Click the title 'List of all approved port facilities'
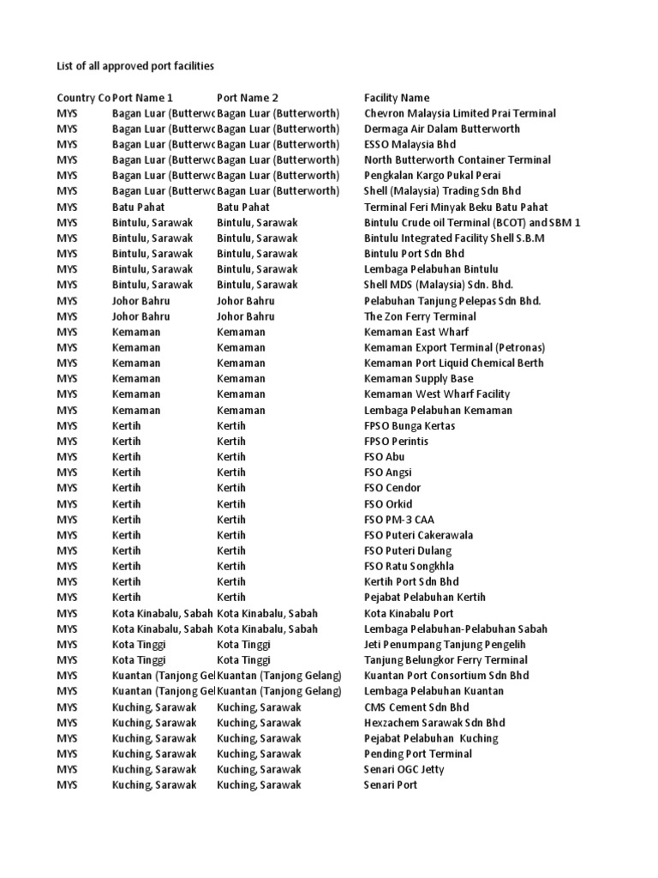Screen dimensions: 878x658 135,66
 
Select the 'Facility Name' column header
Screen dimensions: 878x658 397,98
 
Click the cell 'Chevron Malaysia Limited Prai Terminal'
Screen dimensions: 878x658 459,113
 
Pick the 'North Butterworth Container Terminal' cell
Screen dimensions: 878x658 458,159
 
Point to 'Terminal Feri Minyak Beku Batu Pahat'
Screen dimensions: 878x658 456,207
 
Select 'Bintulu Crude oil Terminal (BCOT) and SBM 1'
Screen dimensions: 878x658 472,222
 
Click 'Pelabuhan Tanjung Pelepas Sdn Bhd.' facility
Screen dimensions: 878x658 452,301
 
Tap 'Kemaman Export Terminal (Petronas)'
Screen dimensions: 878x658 454,347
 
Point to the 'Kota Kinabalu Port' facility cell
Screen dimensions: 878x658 409,613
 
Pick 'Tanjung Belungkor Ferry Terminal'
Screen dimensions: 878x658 446,659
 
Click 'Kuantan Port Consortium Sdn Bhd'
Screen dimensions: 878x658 446,675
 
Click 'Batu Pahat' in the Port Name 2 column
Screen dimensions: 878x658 243,207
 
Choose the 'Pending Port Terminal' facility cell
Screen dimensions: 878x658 418,754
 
